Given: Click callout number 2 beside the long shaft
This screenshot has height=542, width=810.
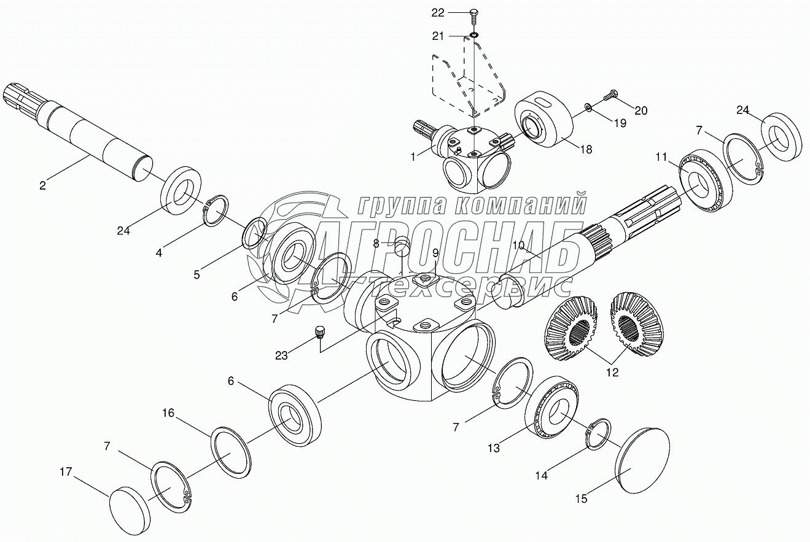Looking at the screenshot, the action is point(42,185).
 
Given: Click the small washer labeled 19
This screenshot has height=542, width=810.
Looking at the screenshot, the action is point(588,108).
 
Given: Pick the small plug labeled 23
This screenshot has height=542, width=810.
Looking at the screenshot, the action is point(319,332).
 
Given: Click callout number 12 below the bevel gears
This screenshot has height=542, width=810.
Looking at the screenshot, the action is point(612,372).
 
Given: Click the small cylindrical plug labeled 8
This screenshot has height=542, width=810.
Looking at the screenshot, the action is point(402,246).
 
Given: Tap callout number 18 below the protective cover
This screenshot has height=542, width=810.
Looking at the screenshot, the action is point(586,149).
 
